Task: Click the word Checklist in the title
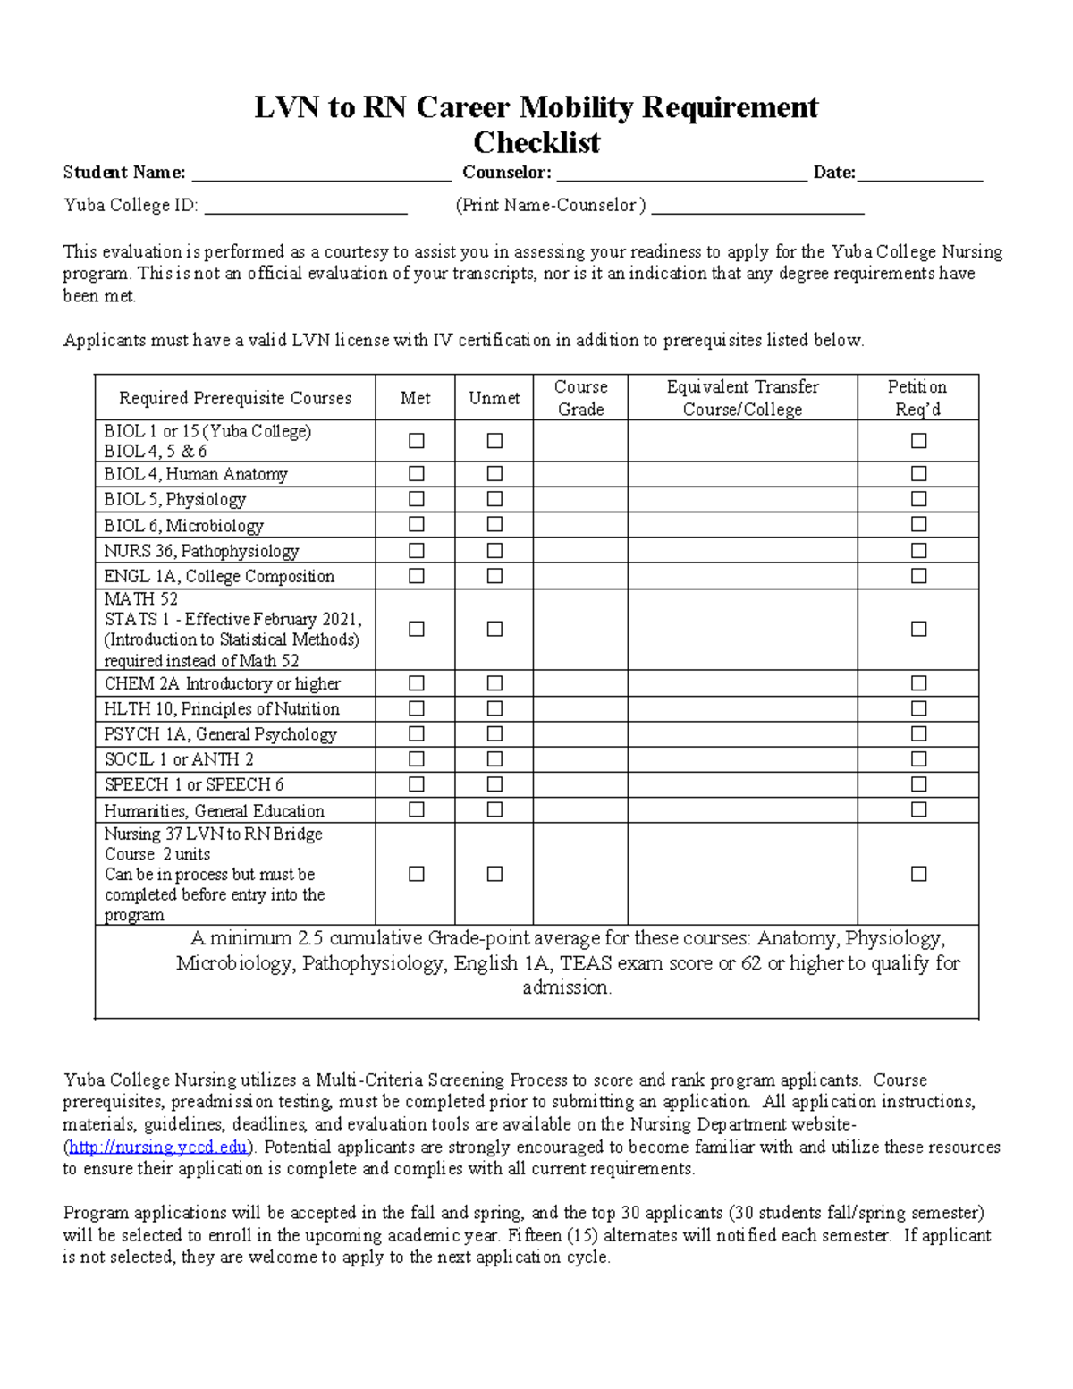(x=536, y=142)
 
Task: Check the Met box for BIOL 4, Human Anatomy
(x=417, y=474)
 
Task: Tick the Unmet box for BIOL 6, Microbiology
(x=494, y=525)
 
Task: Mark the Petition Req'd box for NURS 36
(x=918, y=551)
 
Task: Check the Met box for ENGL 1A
(x=417, y=576)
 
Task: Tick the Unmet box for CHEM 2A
(x=494, y=683)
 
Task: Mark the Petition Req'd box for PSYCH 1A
(x=918, y=733)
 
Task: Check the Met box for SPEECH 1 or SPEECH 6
(x=417, y=784)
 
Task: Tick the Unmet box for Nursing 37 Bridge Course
(x=494, y=874)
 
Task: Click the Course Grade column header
(x=580, y=398)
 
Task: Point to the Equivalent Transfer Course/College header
(x=742, y=398)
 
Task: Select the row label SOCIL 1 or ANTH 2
(x=179, y=759)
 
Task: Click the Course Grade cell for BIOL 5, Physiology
(x=580, y=499)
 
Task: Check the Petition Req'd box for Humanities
(x=918, y=809)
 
